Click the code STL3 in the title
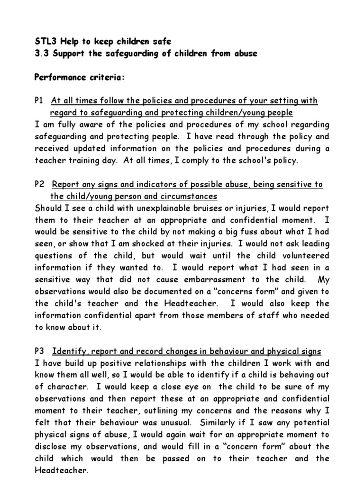coord(46,41)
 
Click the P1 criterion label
coord(39,100)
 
